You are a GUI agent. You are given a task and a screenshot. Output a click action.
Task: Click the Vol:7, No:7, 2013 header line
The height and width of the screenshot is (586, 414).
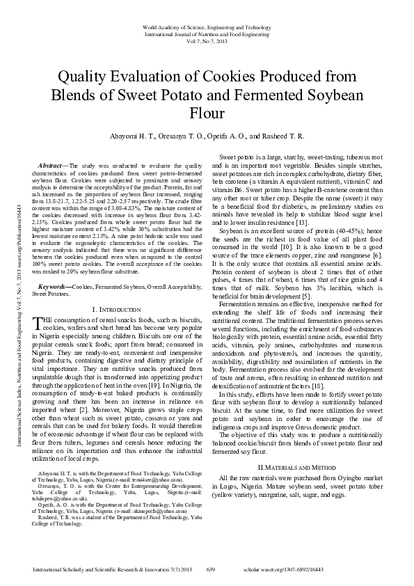(x=206, y=41)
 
